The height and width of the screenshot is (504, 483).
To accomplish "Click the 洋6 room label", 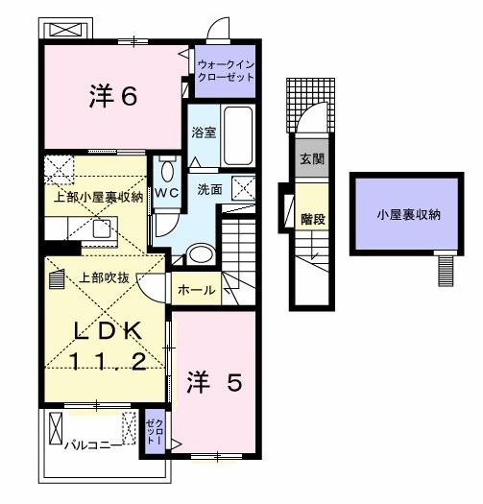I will coord(114,97).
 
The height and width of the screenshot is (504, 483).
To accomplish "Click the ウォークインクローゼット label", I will coord(227,70).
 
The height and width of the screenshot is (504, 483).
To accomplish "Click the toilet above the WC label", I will coord(167,171).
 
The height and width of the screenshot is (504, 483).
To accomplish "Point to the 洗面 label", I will coord(209,189).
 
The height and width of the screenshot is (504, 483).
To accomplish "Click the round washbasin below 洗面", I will coord(201,253).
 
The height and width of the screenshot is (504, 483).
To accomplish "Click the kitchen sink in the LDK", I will coord(99,230).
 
